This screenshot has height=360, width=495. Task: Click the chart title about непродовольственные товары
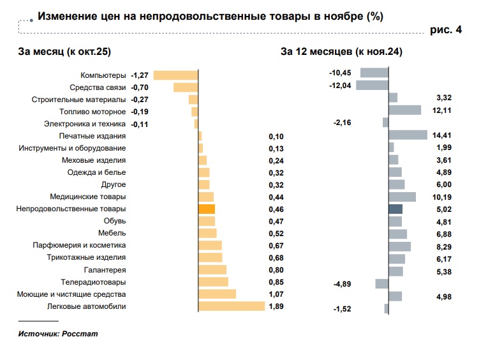pos(211,17)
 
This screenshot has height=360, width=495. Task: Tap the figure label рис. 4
pos(447,29)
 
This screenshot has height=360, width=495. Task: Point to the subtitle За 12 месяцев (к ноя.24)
pos(341,52)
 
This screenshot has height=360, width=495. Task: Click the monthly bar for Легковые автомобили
pos(232,306)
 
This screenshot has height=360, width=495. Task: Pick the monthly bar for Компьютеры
pos(176,75)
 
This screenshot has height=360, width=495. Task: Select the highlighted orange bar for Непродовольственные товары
pos(207,209)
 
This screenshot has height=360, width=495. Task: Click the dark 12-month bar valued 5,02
pos(395,209)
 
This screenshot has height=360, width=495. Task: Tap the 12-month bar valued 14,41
pos(408,135)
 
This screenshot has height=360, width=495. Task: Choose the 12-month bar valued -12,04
pos(372,86)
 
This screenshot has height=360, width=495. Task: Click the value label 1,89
pos(276,306)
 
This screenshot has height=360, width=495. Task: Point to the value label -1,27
pos(140,75)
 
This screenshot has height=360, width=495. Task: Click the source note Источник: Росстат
pos(58,334)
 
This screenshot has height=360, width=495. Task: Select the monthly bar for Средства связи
pos(186,87)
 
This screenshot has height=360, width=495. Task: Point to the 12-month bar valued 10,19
pos(402,197)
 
